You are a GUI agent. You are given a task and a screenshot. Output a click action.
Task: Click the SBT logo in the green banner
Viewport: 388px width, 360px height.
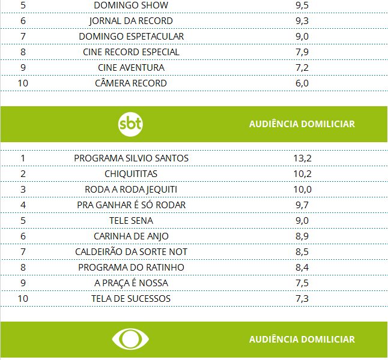coord(131,124)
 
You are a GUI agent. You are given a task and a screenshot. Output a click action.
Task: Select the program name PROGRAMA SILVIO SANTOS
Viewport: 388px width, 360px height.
coord(131,158)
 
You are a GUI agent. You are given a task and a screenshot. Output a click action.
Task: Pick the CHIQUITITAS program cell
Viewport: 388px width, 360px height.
coord(131,174)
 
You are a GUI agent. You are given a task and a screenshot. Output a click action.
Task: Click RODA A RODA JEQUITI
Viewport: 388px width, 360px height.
coord(131,190)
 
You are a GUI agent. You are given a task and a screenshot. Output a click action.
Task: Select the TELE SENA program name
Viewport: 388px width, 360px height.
coord(131,221)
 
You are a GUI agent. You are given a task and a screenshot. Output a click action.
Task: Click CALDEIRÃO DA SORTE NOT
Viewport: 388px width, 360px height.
coord(131,252)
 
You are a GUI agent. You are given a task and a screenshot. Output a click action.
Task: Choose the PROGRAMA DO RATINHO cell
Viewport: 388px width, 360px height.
coord(131,268)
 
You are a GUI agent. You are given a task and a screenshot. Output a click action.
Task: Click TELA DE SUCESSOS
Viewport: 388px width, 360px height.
coord(131,299)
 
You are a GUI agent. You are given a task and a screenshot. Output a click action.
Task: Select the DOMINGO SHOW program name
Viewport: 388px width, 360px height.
coord(131,5)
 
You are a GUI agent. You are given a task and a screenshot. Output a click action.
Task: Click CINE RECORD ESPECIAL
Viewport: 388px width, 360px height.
coord(131,52)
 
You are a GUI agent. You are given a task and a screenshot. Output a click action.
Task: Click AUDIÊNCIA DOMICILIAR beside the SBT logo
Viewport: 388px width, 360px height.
coord(302,124)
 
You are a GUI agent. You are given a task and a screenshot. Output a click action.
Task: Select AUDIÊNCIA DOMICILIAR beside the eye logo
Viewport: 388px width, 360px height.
coord(302,340)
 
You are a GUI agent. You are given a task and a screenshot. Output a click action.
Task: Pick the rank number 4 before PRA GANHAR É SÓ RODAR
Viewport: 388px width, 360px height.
coord(23,205)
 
